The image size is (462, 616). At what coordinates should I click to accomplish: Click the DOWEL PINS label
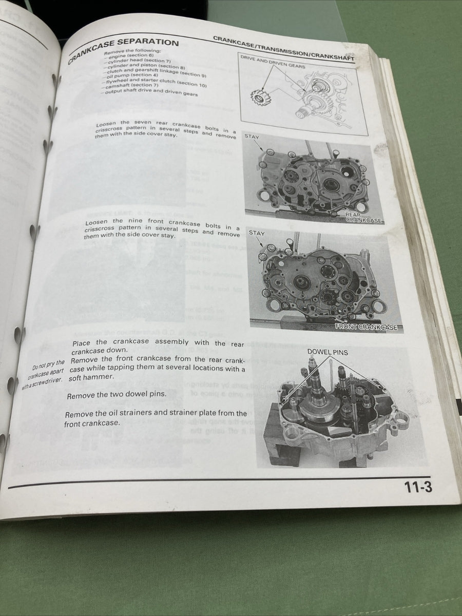point(328,353)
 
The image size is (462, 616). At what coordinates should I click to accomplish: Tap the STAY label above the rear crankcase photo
point(252,137)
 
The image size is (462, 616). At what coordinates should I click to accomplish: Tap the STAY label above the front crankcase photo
point(257,233)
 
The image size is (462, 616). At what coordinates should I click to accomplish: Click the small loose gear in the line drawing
point(261,96)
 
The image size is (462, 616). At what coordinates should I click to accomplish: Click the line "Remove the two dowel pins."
point(117,395)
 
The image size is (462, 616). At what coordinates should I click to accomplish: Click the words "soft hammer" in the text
point(93,377)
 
